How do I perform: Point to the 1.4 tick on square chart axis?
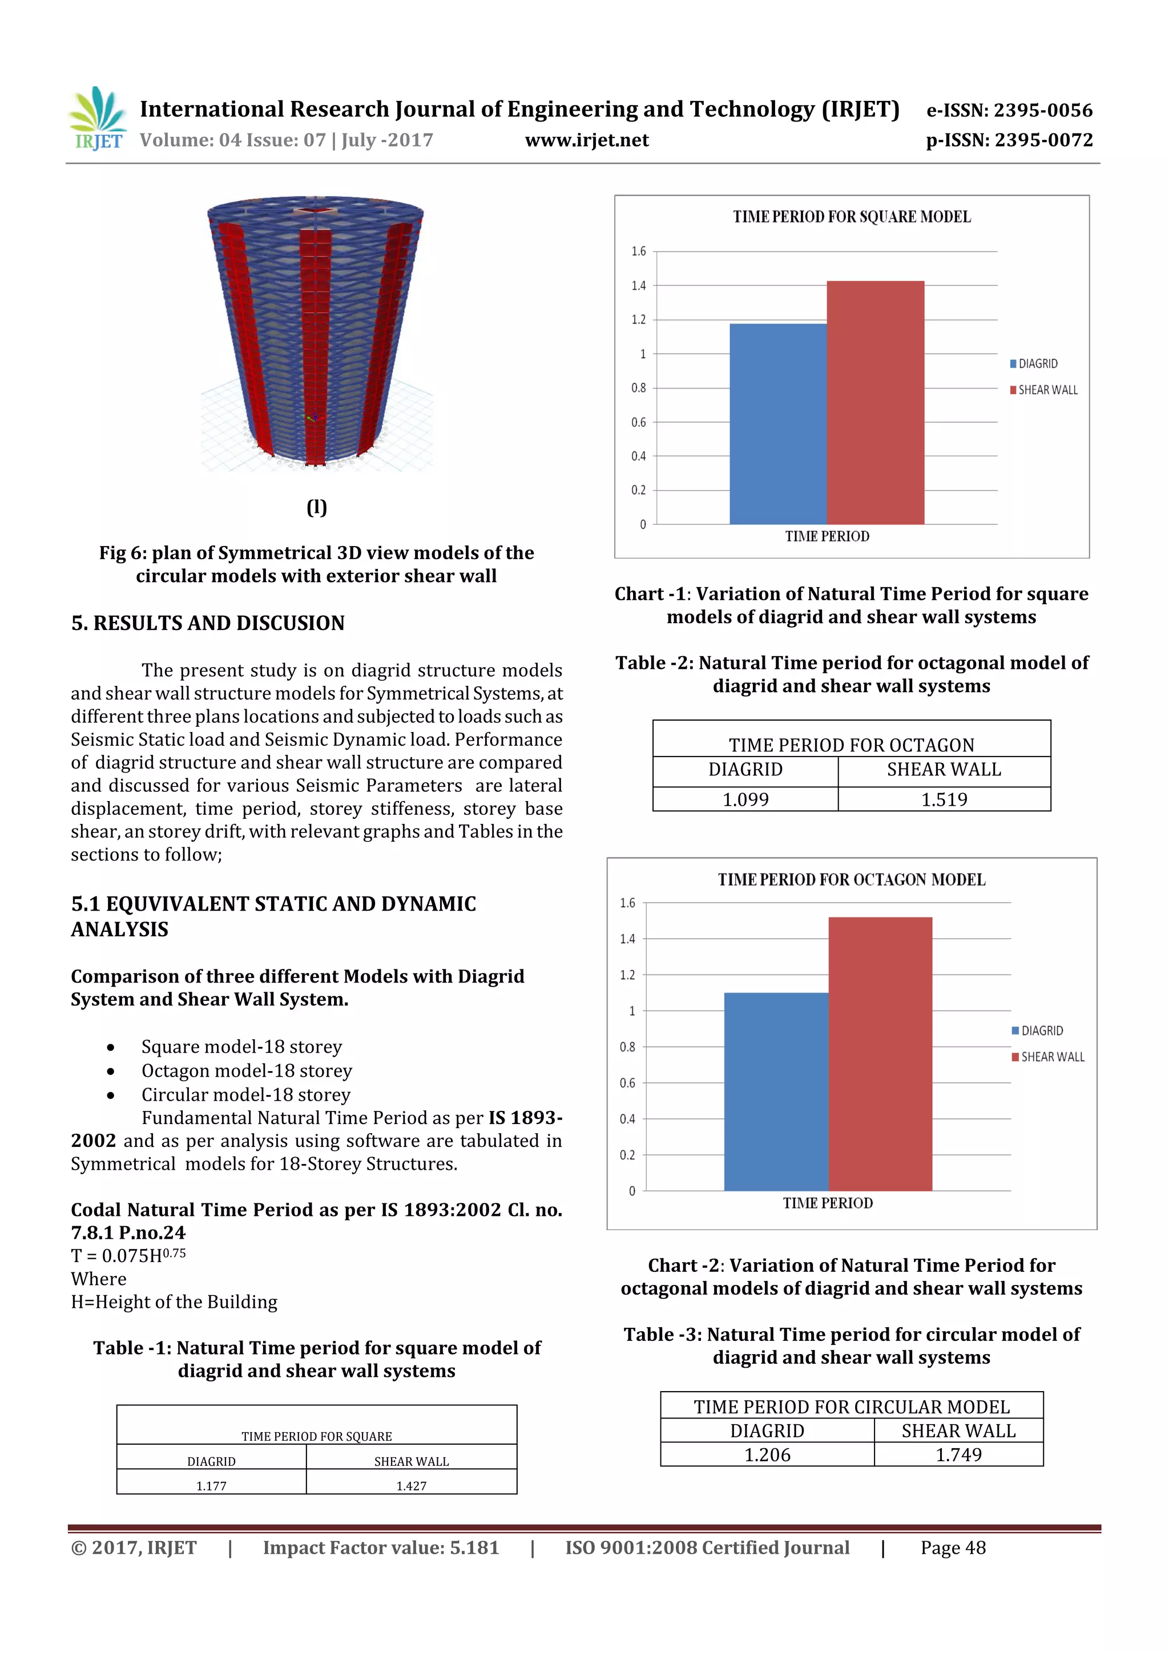[638, 286]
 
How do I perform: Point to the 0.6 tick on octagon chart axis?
[627, 1083]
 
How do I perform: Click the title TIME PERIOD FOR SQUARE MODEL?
[852, 217]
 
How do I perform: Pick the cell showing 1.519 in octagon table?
[944, 799]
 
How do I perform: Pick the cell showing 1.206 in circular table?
[767, 1454]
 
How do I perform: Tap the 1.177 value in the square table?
[211, 1485]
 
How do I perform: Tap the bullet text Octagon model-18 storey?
[247, 1070]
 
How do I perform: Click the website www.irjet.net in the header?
[586, 140]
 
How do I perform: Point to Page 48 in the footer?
[952, 1548]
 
